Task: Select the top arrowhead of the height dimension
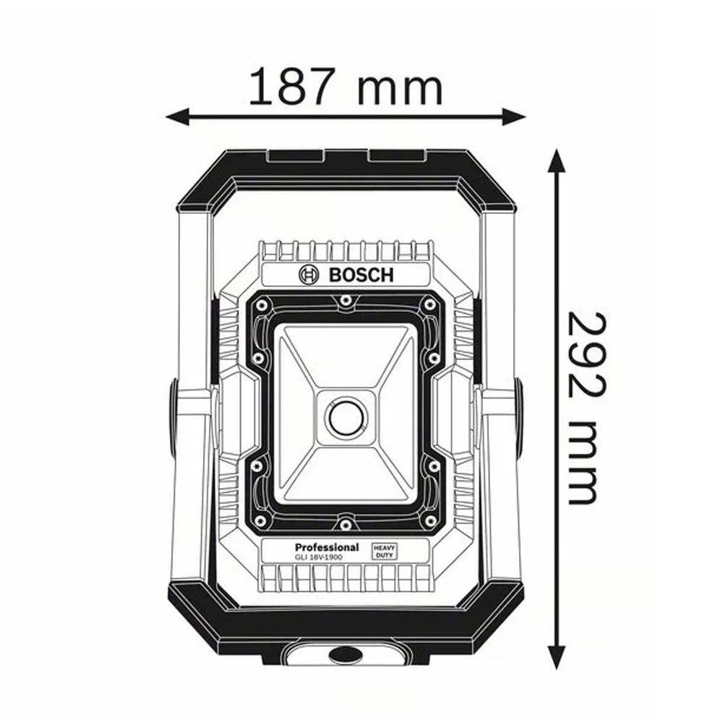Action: click(x=555, y=161)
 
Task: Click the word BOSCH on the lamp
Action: click(x=361, y=275)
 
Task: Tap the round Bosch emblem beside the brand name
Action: click(x=308, y=275)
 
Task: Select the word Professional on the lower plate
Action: click(x=327, y=547)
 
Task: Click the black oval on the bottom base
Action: click(x=346, y=655)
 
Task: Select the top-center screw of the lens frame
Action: click(x=346, y=299)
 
